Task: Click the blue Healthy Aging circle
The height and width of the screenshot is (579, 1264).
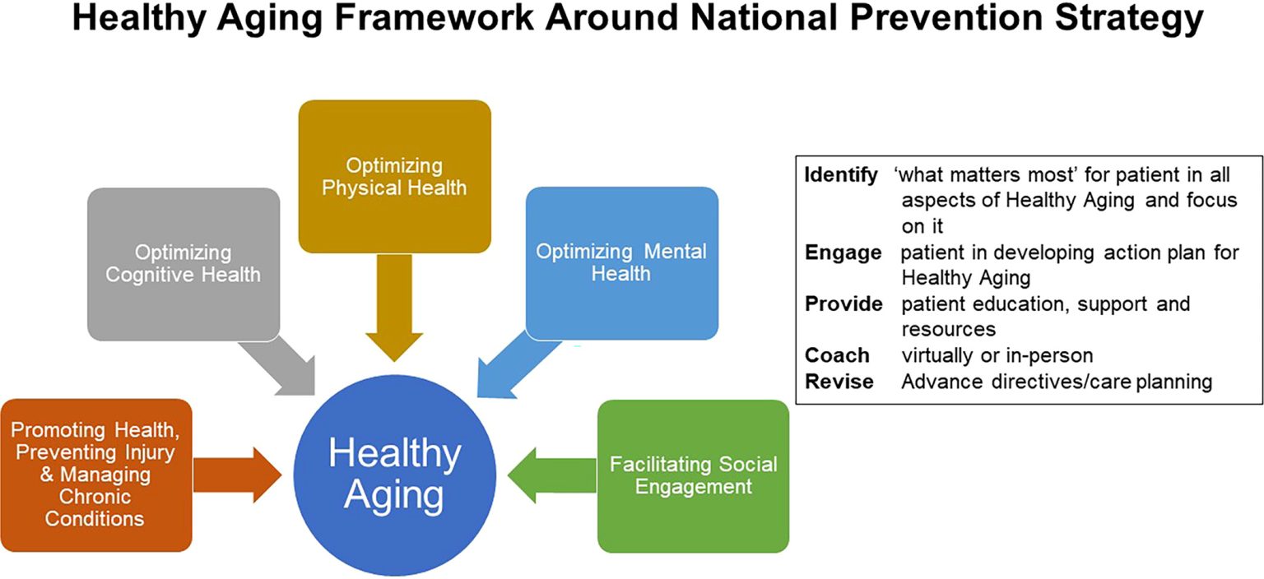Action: pos(395,475)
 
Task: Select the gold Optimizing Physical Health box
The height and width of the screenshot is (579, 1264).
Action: pos(394,177)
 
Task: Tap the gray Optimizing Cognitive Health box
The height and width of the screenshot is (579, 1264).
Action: pos(184,264)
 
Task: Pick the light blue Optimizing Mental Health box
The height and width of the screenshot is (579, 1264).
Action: pos(622,263)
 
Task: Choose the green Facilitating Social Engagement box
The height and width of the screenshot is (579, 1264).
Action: pos(694,476)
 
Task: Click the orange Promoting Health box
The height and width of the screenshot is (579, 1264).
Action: pos(96,475)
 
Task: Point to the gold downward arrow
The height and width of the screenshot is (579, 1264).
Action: pos(394,308)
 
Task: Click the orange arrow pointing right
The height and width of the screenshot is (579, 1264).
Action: pos(237,475)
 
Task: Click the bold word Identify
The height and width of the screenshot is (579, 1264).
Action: pos(841,175)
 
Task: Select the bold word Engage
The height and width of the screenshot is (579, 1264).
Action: pos(843,253)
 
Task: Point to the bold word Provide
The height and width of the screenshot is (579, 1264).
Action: pos(843,303)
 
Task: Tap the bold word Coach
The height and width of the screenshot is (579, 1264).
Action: pos(837,355)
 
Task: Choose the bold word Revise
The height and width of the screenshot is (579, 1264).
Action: pos(839,382)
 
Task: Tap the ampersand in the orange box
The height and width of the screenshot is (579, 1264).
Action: pos(47,474)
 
